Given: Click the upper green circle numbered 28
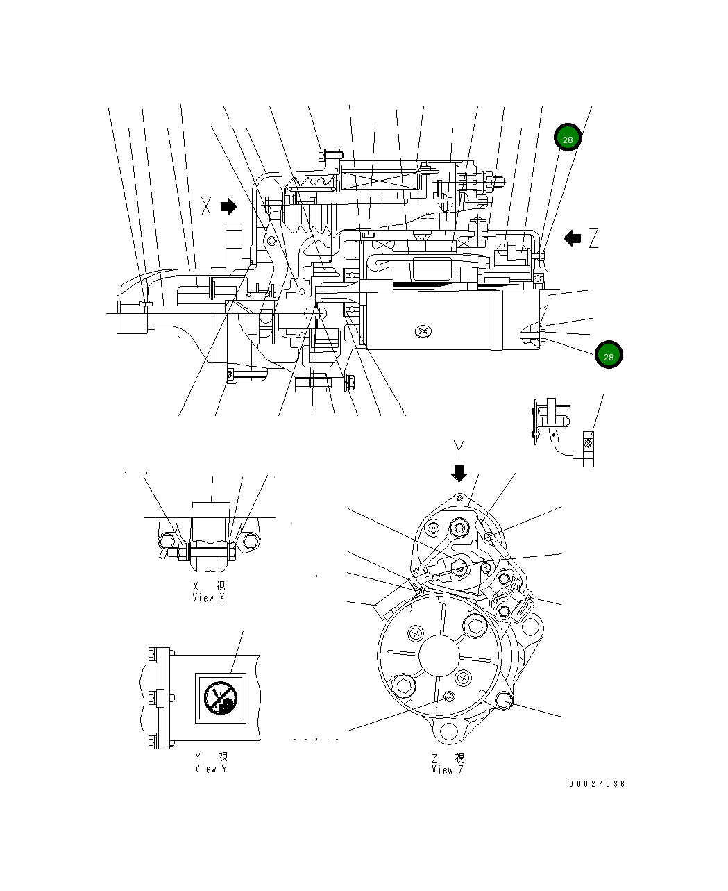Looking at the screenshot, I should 567,139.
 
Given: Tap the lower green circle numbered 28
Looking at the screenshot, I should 608,356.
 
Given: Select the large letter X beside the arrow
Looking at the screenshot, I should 206,206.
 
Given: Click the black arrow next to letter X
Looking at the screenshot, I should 228,206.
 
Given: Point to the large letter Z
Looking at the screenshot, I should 593,239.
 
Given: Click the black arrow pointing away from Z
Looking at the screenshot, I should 572,239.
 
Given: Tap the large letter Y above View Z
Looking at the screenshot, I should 458,448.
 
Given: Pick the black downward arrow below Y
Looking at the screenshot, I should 459,474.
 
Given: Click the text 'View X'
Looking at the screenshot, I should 208,598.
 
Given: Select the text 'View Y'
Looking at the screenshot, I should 210,769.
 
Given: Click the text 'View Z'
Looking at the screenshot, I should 448,770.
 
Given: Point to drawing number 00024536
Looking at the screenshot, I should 597,784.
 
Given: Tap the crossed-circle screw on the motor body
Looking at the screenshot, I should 423,332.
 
